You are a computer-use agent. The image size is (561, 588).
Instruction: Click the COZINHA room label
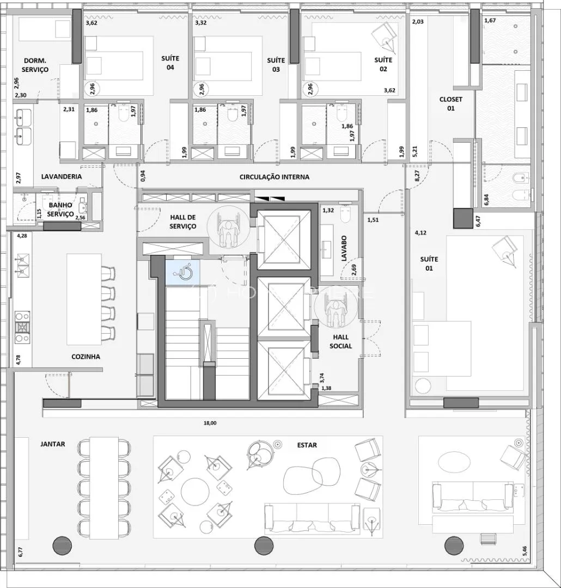tap(86, 357)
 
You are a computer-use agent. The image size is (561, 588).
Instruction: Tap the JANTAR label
tap(52, 444)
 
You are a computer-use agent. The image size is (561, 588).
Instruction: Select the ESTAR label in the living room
tap(307, 445)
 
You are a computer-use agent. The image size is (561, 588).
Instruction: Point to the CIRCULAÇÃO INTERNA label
tap(275, 177)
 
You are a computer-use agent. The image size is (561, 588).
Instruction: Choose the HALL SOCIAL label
tap(341, 342)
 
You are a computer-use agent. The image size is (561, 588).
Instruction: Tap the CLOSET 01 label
tap(451, 104)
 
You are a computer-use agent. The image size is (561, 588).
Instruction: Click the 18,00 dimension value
tap(210, 423)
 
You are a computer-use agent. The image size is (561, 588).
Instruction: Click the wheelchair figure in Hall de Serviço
tap(230, 228)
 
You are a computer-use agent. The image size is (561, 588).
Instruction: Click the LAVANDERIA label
tap(62, 177)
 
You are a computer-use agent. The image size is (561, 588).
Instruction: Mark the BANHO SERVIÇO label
tap(60, 210)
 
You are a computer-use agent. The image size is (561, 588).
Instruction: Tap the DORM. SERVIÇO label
tap(35, 65)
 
